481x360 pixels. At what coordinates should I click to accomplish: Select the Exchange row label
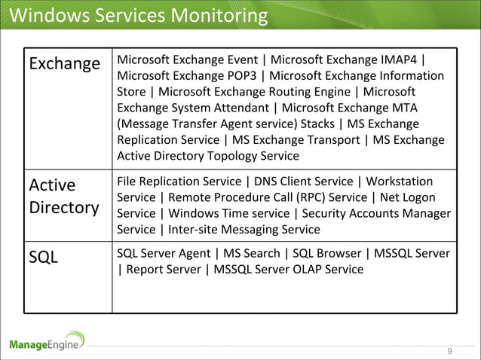(64, 63)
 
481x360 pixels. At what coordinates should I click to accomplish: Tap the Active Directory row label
(64, 196)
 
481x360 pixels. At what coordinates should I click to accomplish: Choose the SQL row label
(44, 258)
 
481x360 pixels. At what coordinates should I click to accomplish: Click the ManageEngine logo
(47, 343)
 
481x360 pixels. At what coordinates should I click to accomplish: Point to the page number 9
(450, 352)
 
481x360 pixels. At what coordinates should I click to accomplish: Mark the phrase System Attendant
(217, 108)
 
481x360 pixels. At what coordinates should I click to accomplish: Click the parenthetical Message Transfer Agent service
(207, 124)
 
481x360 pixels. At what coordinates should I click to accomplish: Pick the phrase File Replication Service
(179, 182)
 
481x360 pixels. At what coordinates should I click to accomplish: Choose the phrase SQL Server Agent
(161, 254)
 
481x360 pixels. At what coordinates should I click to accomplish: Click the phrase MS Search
(250, 254)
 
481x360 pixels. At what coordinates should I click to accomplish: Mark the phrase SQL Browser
(325, 254)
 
